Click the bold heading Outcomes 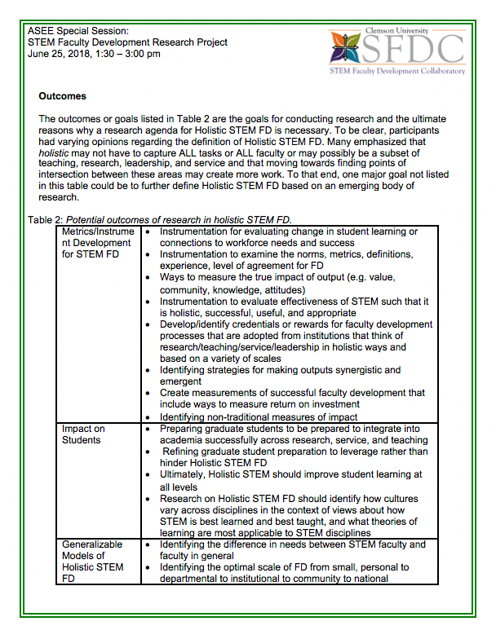pyautogui.click(x=63, y=96)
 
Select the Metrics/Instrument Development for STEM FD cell pyautogui.click(x=98, y=243)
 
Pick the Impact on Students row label pyautogui.click(x=83, y=434)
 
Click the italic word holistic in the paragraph pyautogui.click(x=54, y=152)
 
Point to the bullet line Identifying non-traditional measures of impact pyautogui.click(x=259, y=416)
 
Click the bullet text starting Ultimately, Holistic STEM pyautogui.click(x=290, y=480)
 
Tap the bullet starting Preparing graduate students pyautogui.click(x=290, y=434)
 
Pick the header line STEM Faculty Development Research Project pyautogui.click(x=127, y=42)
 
